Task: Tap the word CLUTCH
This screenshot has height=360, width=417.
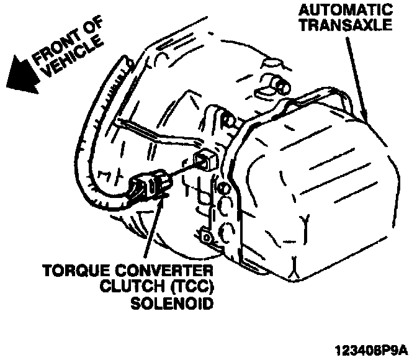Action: tap(122, 288)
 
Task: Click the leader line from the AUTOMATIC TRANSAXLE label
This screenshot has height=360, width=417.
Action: tap(359, 74)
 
